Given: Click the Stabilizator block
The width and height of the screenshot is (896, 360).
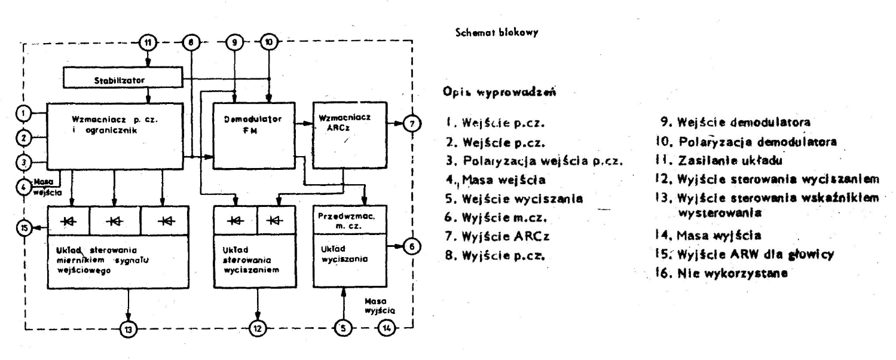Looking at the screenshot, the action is click(x=123, y=77).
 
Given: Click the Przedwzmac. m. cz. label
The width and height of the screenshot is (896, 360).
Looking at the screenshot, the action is click(x=347, y=221).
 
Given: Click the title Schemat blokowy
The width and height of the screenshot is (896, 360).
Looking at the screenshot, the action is click(x=497, y=32).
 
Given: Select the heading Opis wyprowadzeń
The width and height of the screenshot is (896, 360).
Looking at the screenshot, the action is click(x=499, y=93).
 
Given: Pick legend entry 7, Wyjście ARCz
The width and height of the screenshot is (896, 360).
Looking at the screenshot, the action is click(x=497, y=236).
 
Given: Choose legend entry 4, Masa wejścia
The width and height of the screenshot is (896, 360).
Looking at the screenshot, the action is click(x=496, y=180).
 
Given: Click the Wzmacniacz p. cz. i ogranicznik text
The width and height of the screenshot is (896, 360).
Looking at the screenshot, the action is click(x=115, y=125).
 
